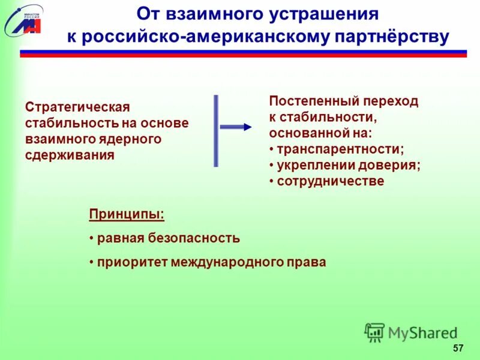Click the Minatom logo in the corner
pos(23,20)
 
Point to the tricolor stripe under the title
pos(243,53)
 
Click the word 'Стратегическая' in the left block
pos(77,107)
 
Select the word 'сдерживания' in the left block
pos(70,154)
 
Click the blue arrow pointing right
pos(236,127)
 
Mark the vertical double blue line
pos(216,130)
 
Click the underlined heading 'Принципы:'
pos(127,214)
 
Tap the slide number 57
pos(458,349)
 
